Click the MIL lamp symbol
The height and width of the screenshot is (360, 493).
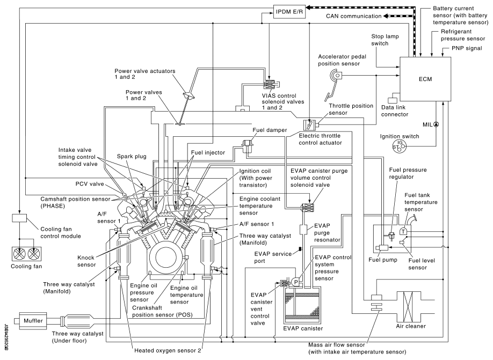[x=436, y=124]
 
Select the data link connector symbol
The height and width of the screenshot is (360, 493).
[x=393, y=99]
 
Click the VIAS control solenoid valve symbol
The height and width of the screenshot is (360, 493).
[x=270, y=84]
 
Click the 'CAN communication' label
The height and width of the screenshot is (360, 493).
[x=353, y=17]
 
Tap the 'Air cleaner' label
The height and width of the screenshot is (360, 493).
[x=411, y=326]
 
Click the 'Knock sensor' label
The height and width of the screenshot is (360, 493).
[x=84, y=261]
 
